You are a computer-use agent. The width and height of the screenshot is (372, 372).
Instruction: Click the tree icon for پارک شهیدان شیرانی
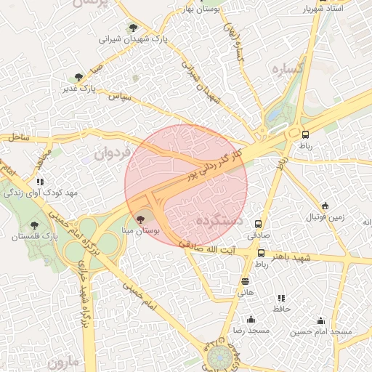coord(132,28)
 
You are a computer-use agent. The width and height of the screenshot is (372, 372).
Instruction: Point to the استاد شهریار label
coord(325,9)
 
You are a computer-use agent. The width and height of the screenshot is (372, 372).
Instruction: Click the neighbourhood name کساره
coord(286,70)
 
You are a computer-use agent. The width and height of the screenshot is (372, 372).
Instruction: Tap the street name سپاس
coord(119,95)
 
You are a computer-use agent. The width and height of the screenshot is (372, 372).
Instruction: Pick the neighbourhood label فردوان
coord(110,153)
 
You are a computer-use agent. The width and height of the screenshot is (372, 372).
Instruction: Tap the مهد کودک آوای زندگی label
coord(41,193)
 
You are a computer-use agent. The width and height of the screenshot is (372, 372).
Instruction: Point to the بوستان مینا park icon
coord(141,219)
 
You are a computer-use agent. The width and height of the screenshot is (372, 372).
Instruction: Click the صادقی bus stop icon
coord(258,224)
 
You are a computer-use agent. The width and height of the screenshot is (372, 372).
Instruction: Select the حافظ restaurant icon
coord(280,298)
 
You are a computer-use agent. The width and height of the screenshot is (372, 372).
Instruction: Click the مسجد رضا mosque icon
coord(251,319)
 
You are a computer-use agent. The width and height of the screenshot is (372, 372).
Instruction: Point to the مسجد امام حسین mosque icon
coord(320,320)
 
